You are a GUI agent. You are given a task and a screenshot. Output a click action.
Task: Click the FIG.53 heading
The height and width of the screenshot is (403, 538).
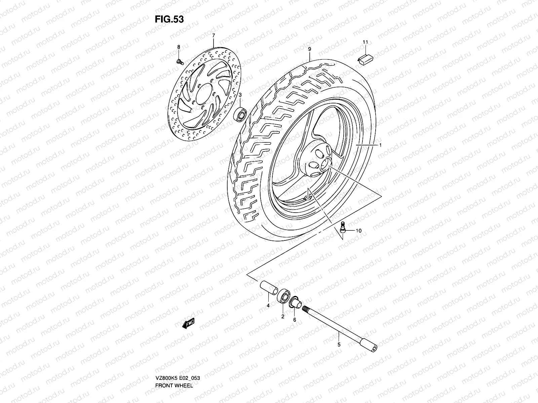pyautogui.click(x=169, y=19)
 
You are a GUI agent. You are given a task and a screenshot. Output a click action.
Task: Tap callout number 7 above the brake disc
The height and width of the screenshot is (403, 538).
pyautogui.click(x=213, y=36)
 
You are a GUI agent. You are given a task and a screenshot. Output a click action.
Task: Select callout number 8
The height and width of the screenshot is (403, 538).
pyautogui.click(x=179, y=47)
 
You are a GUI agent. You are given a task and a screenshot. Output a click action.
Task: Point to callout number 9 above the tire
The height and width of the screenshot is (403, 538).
pyautogui.click(x=309, y=49)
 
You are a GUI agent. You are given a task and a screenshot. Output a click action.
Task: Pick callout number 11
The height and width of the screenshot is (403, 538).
pyautogui.click(x=365, y=42)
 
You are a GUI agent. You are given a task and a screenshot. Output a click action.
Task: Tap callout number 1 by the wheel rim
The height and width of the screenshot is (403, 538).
pyautogui.click(x=380, y=145)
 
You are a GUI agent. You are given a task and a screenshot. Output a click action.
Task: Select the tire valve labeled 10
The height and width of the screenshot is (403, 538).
pyautogui.click(x=343, y=227)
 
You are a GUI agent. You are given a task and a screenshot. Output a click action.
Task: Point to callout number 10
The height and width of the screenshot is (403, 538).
pyautogui.click(x=358, y=231)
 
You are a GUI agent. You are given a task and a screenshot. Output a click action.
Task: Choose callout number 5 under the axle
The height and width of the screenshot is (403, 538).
pyautogui.click(x=339, y=344)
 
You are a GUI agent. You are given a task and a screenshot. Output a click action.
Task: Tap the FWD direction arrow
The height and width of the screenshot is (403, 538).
pyautogui.click(x=188, y=323)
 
